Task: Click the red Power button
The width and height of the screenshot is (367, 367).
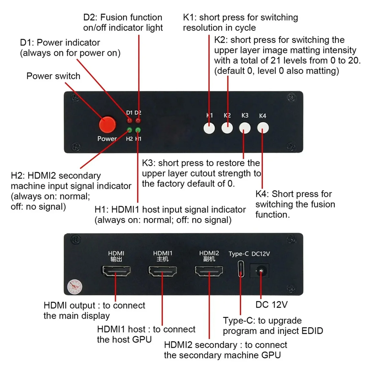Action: pyautogui.click(x=107, y=124)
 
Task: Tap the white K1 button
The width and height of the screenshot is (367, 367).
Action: pyautogui.click(x=209, y=128)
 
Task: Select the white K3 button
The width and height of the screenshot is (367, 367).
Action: pyautogui.click(x=245, y=128)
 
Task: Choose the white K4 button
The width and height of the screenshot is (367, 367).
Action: pyautogui.click(x=263, y=128)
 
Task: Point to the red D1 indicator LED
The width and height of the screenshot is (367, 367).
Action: pyautogui.click(x=130, y=121)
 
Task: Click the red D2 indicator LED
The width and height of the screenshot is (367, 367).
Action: pyautogui.click(x=138, y=121)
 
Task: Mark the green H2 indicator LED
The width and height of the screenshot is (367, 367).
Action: pyautogui.click(x=130, y=130)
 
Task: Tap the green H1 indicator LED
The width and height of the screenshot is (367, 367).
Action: pyautogui.click(x=138, y=130)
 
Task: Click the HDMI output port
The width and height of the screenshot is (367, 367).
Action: pyautogui.click(x=116, y=271)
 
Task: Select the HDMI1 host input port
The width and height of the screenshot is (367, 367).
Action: pyautogui.click(x=162, y=271)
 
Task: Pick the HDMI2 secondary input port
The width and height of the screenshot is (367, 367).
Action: pyautogui.click(x=209, y=271)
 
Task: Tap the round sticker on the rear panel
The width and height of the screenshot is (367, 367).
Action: pyautogui.click(x=75, y=287)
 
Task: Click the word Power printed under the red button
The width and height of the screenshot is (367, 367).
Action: pyautogui.click(x=107, y=139)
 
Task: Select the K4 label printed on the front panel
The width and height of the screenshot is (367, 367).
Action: pyautogui.click(x=262, y=116)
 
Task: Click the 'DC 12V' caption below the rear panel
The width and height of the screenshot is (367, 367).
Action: pyautogui.click(x=272, y=305)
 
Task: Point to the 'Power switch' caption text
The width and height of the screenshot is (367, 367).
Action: pyautogui.click(x=53, y=76)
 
